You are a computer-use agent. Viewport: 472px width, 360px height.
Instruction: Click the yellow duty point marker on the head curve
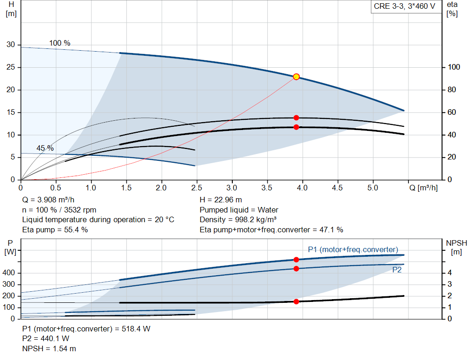coord(296,77)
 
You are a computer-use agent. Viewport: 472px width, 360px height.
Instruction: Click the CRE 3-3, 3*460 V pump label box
coord(405,6)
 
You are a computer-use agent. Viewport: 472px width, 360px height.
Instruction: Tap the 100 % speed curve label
coord(60,43)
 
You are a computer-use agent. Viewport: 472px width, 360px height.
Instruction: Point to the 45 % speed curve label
coord(45,148)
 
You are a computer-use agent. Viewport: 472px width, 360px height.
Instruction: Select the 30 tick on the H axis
coord(11,45)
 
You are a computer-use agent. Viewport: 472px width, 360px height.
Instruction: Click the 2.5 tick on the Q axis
coord(196,188)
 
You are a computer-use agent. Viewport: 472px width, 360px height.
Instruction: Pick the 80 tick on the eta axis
coord(452,90)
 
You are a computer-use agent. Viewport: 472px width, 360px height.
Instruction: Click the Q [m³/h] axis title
coord(424,188)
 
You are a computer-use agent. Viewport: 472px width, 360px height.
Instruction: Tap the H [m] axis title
coord(11,9)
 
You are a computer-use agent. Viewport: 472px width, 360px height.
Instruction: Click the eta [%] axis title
coord(452,9)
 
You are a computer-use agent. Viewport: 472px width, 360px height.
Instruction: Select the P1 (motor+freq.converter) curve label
coord(353,249)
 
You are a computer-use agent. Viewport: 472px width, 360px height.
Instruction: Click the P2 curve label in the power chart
coord(397,270)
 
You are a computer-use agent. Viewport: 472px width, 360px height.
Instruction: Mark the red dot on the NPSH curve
coord(296,301)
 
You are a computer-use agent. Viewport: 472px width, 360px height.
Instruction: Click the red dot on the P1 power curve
coord(296,260)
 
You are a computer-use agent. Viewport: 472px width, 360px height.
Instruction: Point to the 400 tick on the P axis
coord(8,273)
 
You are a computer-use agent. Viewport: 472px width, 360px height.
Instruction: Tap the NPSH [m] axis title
coord(457,248)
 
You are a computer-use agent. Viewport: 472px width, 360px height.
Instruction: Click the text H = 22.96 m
coord(221,200)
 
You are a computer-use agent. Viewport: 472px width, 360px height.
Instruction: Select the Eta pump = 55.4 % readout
coord(55,230)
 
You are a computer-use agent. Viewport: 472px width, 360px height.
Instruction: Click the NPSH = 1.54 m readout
coord(49,348)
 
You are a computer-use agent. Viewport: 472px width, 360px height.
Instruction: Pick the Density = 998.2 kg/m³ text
coord(238,220)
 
